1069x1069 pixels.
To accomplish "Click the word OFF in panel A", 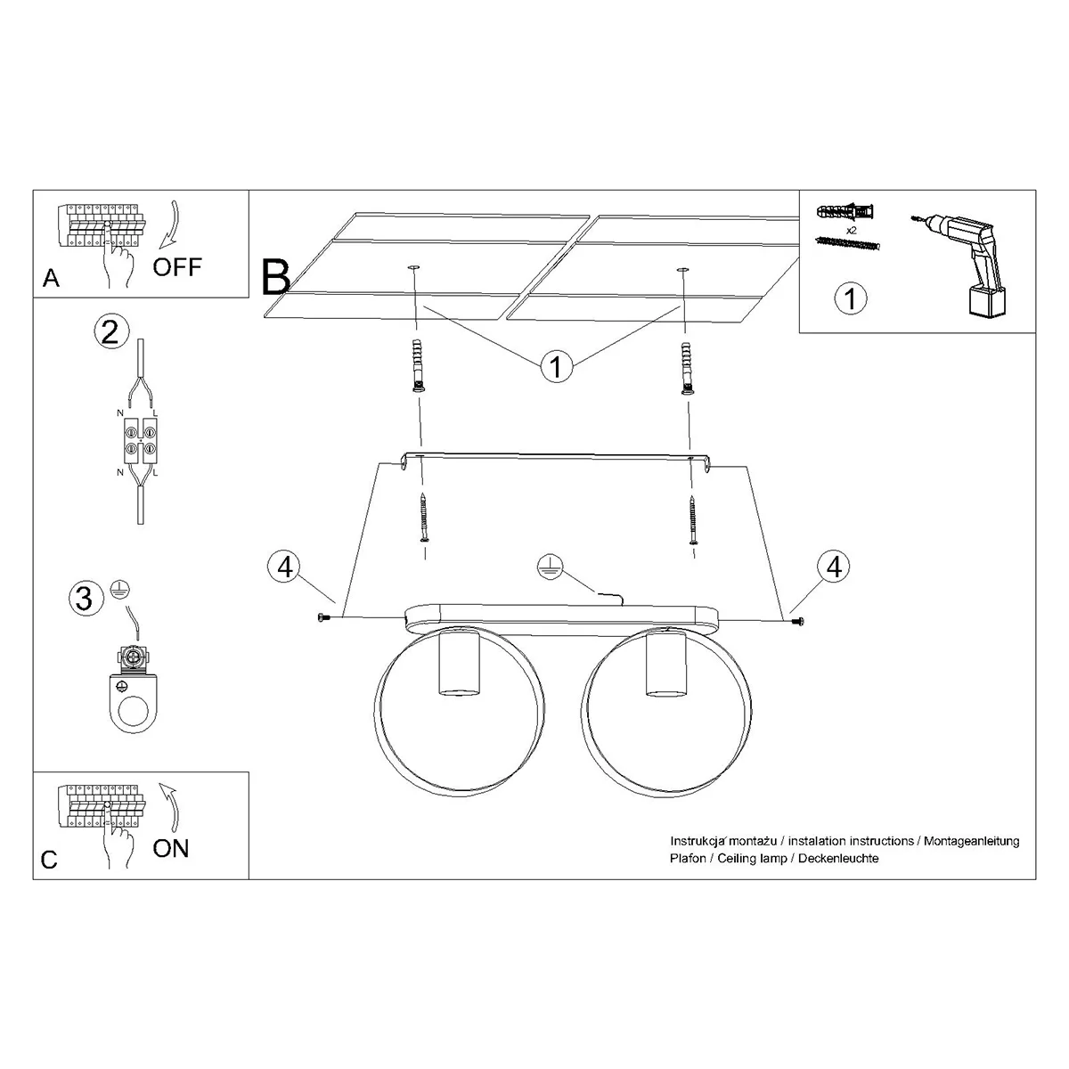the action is click(177, 267).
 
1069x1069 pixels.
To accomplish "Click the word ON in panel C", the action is click(171, 848).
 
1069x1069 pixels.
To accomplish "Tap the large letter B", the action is click(275, 277).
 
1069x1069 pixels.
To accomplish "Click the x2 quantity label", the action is click(851, 230).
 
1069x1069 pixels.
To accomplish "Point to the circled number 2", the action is click(111, 331).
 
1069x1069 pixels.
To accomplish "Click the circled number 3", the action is click(86, 599).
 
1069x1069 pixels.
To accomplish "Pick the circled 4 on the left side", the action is click(285, 567).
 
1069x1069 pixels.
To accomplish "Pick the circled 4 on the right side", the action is click(834, 567).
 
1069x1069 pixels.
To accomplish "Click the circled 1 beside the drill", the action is click(851, 298).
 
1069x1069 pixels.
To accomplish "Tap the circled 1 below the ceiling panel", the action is click(557, 365).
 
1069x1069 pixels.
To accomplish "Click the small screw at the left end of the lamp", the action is click(323, 616).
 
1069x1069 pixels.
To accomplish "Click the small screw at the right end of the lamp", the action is click(797, 621).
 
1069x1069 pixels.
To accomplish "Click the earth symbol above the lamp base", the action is click(550, 568).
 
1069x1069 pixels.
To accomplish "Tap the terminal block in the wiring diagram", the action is click(141, 441).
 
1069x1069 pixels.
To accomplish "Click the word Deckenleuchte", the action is click(838, 858).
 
